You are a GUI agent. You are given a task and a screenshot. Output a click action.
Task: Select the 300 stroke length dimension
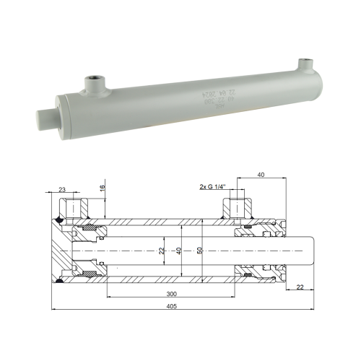click(x=170, y=294)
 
